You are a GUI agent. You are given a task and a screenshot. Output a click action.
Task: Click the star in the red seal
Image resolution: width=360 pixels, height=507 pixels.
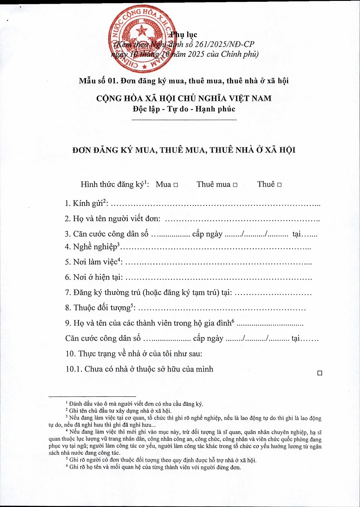tap(144, 32)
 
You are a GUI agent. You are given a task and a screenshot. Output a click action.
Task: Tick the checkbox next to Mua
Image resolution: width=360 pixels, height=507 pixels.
tap(175, 185)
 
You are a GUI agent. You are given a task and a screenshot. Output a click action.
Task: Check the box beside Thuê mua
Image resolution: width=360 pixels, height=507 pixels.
tap(234, 185)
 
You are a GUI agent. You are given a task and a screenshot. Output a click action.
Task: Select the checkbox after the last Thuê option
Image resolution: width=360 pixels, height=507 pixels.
tap(279, 185)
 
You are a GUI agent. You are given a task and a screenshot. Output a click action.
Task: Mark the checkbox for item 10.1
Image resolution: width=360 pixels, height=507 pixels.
tap(320, 372)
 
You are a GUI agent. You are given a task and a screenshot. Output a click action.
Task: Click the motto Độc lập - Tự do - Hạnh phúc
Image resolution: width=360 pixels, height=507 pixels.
tap(184, 108)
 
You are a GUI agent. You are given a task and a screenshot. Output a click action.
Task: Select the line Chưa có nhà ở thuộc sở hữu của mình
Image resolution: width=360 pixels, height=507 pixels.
tap(139, 369)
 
